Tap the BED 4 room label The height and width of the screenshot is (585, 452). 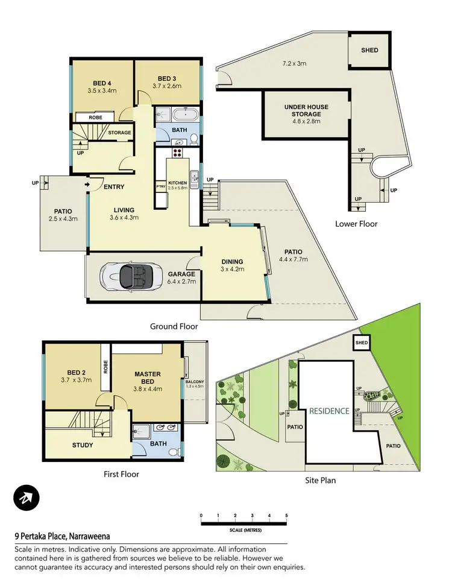pyautogui.click(x=102, y=83)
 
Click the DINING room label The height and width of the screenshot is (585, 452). pyautogui.click(x=231, y=262)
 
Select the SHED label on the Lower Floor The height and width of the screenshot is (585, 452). pyautogui.click(x=369, y=50)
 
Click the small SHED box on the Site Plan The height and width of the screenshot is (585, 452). pyautogui.click(x=361, y=343)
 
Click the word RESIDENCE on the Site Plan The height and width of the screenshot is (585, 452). pyautogui.click(x=329, y=411)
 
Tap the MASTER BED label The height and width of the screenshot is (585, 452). pyautogui.click(x=146, y=378)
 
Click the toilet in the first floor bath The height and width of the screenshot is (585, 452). pyautogui.click(x=174, y=451)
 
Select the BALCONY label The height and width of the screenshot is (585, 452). pyautogui.click(x=194, y=382)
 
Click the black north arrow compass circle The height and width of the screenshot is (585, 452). pyautogui.click(x=27, y=498)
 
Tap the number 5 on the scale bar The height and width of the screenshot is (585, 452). pyautogui.click(x=286, y=516)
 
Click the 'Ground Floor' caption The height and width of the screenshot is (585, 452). pyautogui.click(x=174, y=326)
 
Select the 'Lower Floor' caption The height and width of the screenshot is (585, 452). pyautogui.click(x=356, y=224)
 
